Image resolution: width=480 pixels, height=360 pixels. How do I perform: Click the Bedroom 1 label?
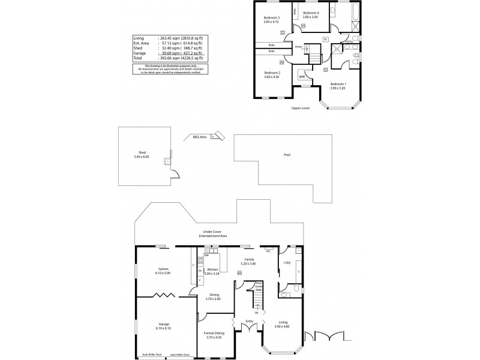(337, 83)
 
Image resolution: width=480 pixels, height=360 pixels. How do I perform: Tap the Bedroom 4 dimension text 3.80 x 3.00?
(310, 17)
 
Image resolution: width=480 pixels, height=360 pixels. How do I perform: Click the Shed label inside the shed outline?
(142, 153)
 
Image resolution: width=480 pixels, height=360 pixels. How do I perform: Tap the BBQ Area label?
(199, 137)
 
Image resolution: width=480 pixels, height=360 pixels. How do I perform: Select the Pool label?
(287, 155)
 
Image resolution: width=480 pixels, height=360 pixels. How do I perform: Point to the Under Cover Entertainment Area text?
(213, 235)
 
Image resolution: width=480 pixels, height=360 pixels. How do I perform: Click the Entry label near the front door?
(250, 322)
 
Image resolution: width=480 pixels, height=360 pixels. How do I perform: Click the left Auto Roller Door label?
(150, 355)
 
